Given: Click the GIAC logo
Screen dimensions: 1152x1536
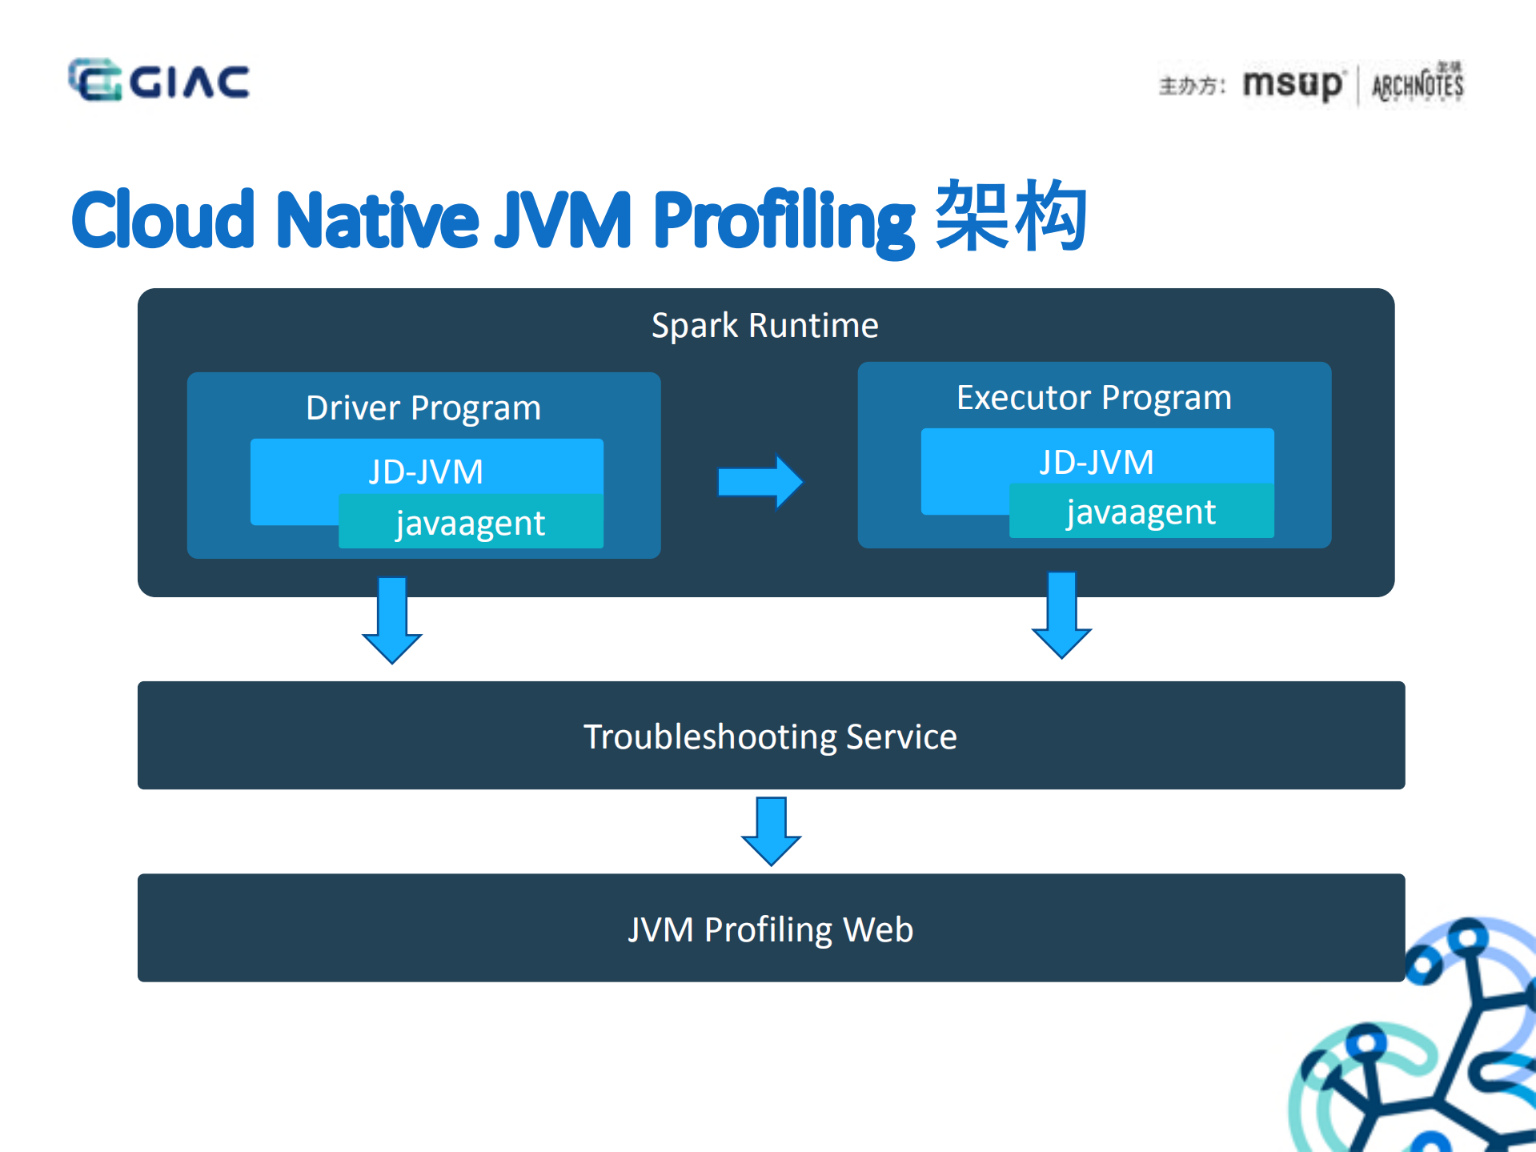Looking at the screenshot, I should click(158, 80).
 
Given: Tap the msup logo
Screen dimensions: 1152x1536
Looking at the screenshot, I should click(1292, 84).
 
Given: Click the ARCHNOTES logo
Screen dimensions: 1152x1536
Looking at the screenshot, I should click(1418, 84).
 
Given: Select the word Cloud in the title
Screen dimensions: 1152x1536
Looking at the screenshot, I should click(162, 219).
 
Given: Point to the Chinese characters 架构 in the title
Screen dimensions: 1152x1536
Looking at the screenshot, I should click(1010, 216).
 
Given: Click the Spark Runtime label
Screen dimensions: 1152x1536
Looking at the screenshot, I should click(764, 326).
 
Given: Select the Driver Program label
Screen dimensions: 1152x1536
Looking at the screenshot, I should click(423, 408).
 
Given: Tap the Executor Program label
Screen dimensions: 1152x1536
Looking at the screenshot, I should click(1093, 398).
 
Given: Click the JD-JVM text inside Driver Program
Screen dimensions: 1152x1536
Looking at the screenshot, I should click(426, 472).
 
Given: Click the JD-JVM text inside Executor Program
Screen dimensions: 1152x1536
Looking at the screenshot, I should click(1096, 462).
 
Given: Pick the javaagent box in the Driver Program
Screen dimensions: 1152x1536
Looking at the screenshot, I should click(471, 523).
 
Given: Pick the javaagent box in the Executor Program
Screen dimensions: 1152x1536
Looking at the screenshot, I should click(1141, 512).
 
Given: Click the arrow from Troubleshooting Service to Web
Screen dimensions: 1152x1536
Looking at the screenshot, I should click(771, 830).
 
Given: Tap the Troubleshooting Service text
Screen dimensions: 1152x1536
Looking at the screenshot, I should click(770, 737).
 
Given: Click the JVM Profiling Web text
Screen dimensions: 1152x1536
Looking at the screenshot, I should click(770, 929).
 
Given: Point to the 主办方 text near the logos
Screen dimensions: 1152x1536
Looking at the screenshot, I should click(1190, 86).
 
